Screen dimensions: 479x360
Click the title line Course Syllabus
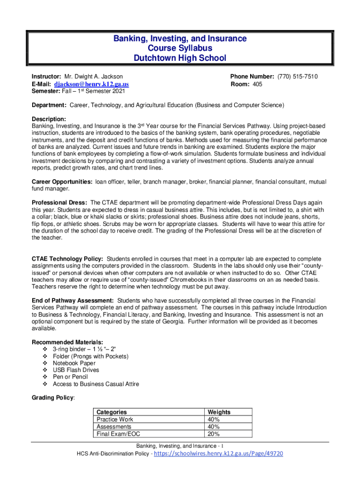click(x=180, y=48)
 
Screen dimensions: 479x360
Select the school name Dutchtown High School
click(x=180, y=58)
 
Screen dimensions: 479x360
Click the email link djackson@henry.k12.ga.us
click(x=91, y=84)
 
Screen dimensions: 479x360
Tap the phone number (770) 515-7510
click(x=297, y=76)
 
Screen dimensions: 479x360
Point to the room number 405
click(x=257, y=84)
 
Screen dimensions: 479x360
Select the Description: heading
click(x=49, y=119)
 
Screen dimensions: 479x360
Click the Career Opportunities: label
click(x=62, y=181)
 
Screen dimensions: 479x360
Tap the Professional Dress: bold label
click(x=59, y=203)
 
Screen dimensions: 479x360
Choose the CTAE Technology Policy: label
click(x=67, y=259)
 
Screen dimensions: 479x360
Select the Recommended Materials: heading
click(x=67, y=342)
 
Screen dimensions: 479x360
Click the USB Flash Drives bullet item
click(x=75, y=370)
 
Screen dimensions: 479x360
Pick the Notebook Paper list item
click(x=74, y=363)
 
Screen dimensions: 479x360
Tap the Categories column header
click(x=111, y=412)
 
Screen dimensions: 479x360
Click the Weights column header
click(x=219, y=412)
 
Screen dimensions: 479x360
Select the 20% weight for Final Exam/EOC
click(x=213, y=434)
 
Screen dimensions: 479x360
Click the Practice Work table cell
click(x=115, y=420)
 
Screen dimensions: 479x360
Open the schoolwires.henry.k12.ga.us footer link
click(x=218, y=454)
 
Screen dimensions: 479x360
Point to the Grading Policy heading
click(x=52, y=398)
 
